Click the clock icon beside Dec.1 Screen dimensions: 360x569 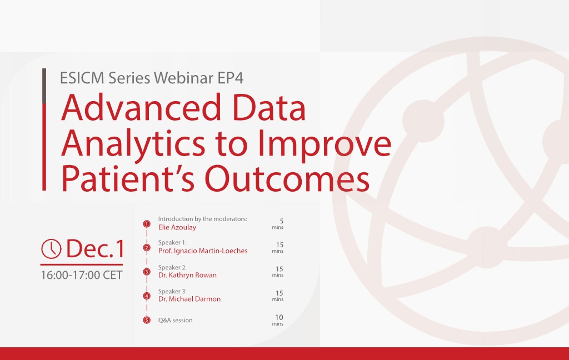51,249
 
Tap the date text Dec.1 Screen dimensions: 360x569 95,249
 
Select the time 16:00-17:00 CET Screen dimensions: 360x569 81,275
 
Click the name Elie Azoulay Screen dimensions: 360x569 177,227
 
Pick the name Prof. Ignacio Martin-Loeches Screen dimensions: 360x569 203,251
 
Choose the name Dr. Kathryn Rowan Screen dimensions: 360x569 187,275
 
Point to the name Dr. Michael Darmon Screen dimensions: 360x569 189,299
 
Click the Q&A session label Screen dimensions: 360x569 176,321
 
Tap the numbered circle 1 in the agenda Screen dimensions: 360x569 147,224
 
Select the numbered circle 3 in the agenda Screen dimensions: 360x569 147,272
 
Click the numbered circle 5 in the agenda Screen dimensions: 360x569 147,320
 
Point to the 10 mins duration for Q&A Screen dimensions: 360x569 278,320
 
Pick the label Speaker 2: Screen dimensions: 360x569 172,267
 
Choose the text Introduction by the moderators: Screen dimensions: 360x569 202,219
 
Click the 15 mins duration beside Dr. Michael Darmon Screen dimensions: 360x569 278,296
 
